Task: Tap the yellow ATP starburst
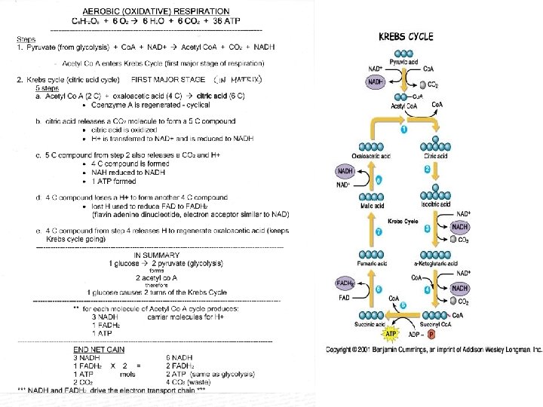[x=392, y=332]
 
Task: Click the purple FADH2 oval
[x=346, y=283]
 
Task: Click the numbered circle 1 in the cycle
[x=403, y=130]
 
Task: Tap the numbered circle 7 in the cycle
[x=379, y=231]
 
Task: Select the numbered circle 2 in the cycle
[x=427, y=170]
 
